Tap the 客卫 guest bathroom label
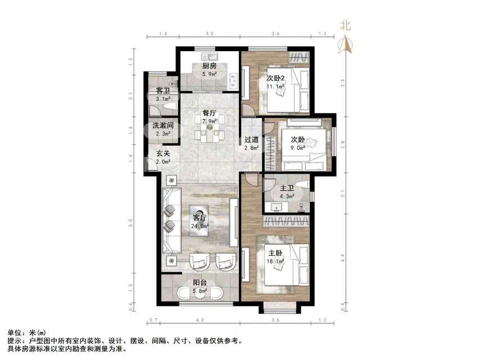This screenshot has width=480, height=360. [x=163, y=91]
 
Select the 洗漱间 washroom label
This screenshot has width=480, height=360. [x=162, y=125]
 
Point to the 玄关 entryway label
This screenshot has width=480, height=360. [x=163, y=153]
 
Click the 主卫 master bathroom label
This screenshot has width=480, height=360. [x=287, y=188]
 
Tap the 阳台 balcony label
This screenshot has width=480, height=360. [x=201, y=283]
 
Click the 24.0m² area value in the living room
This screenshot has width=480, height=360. [x=201, y=226]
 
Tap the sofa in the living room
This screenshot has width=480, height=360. [x=171, y=219]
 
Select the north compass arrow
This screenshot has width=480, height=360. [x=346, y=44]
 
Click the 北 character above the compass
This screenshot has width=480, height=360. [x=346, y=25]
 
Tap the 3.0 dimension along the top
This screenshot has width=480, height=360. [x=209, y=34]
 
